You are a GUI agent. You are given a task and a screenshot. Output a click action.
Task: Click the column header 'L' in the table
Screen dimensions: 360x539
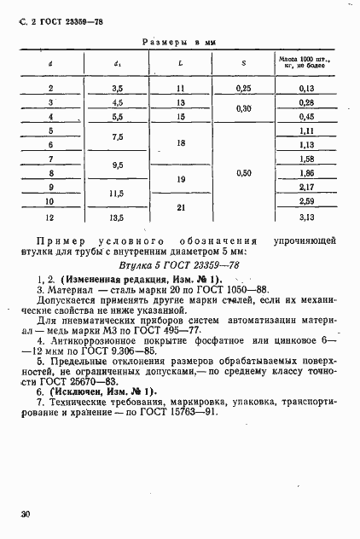click(x=180, y=61)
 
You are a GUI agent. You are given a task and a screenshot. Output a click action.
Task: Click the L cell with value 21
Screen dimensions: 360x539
click(x=180, y=209)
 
